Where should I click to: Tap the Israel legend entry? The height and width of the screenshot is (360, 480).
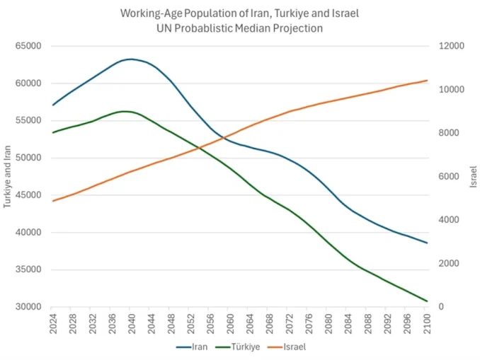pyautogui.click(x=294, y=347)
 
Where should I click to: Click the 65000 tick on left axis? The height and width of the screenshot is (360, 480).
pyautogui.click(x=29, y=46)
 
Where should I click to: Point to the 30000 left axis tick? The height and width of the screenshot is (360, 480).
pyautogui.click(x=29, y=307)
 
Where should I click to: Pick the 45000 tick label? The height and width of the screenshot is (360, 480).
pyautogui.click(x=29, y=195)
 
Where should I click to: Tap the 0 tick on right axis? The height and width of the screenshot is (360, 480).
pyautogui.click(x=440, y=307)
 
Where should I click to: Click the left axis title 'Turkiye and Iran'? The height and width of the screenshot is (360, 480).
pyautogui.click(x=8, y=176)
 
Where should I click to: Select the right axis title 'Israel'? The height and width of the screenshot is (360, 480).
pyautogui.click(x=473, y=176)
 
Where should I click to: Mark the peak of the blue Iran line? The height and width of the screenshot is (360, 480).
pyautogui.click(x=131, y=59)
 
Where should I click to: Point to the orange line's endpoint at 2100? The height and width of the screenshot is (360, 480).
pyautogui.click(x=427, y=81)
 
